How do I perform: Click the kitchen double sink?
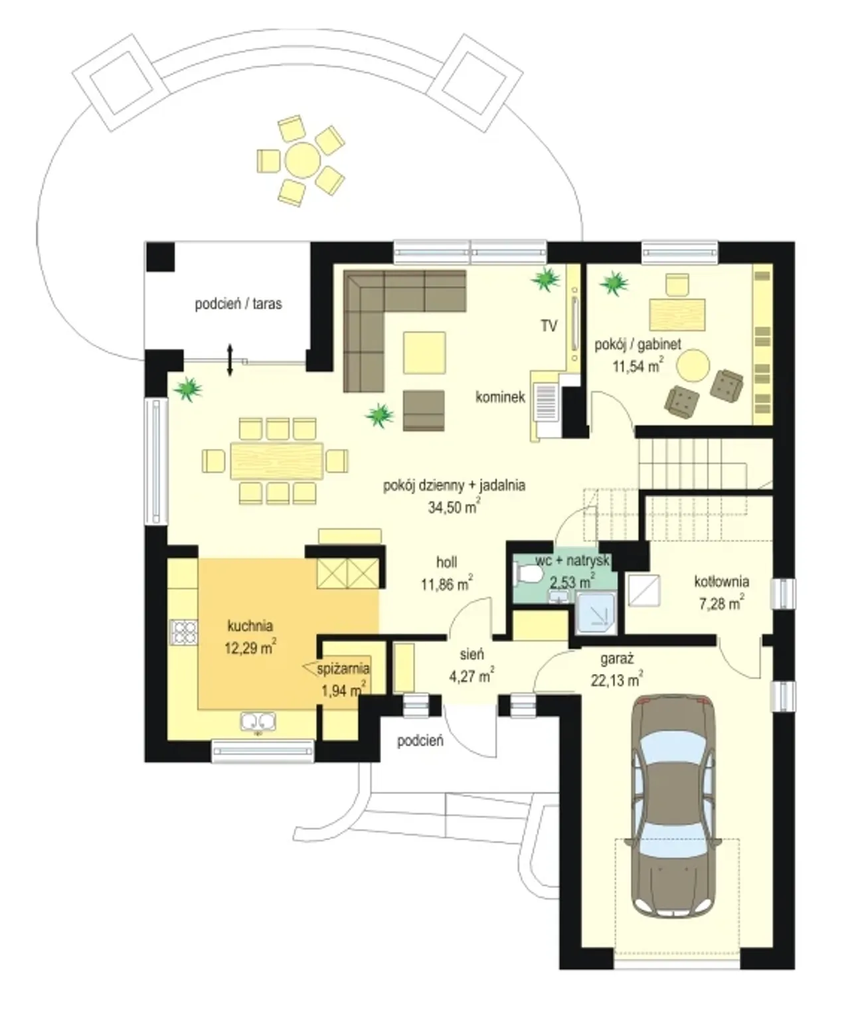pos(258,721)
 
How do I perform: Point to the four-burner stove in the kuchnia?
pos(183,633)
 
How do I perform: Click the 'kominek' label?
pos(500,397)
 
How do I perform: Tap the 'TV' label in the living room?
pos(549,326)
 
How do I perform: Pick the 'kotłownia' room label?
pos(721,581)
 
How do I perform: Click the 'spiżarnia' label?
pos(343,669)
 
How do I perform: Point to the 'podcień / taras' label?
pos(238,304)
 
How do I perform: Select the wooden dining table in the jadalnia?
pos(277,461)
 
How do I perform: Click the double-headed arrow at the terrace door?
pos(230,360)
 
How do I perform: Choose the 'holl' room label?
pos(446,562)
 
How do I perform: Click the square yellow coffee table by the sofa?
pos(424,353)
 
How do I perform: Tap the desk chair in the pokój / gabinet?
pos(677,285)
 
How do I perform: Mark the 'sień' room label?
pos(471,654)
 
